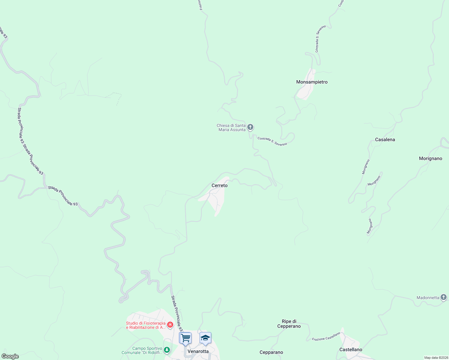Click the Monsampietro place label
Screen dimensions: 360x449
point(312,82)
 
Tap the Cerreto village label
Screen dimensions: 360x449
point(219,185)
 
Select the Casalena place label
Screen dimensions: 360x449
point(385,139)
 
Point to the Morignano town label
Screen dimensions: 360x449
point(430,158)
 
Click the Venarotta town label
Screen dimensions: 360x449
point(198,351)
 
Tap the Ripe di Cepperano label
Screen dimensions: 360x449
point(289,324)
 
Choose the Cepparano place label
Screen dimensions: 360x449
point(271,352)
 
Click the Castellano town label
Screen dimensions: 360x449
point(351,349)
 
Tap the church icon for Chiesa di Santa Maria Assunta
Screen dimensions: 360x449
point(250,127)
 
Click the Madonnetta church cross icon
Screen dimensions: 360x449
point(444,297)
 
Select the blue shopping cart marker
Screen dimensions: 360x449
point(185,338)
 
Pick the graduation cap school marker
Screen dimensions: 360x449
point(205,338)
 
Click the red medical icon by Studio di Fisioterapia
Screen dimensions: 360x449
point(170,325)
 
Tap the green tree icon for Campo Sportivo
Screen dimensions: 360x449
point(167,350)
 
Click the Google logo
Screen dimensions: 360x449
point(10,356)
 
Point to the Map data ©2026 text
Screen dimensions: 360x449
point(436,358)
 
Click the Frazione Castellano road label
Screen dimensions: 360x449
point(326,336)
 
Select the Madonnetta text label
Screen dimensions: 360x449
point(428,298)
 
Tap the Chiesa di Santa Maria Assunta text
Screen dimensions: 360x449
point(232,127)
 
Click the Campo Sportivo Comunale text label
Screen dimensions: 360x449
point(142,350)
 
